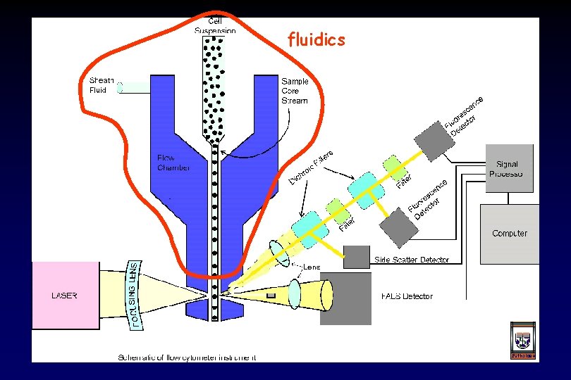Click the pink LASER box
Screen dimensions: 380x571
point(66,296)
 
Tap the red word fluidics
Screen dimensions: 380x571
point(317,40)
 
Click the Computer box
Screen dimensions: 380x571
point(509,232)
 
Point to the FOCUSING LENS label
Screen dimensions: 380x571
point(136,294)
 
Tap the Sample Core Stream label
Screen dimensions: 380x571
point(294,91)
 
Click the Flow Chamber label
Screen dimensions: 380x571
point(173,163)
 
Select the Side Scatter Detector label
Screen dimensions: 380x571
point(412,260)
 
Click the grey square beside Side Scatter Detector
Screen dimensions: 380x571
point(357,257)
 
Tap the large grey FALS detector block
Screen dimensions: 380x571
point(345,299)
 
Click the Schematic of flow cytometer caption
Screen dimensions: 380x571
point(186,357)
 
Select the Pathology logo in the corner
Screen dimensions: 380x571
point(522,343)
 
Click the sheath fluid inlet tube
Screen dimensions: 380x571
point(134,88)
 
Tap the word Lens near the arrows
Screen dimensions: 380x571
point(312,267)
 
